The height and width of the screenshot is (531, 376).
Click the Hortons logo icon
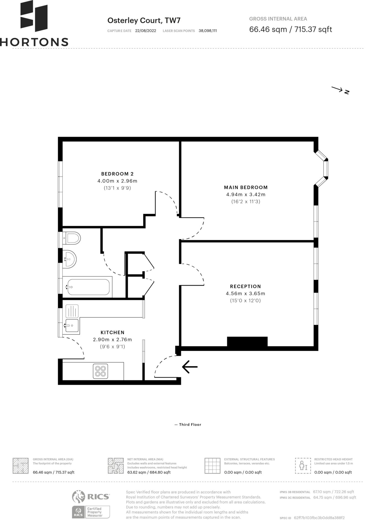pos(34,16)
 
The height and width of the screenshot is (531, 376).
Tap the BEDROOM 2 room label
pos(117,174)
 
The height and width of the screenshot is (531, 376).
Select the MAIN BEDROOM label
pos(246,188)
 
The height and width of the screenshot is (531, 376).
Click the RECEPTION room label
pos(246,287)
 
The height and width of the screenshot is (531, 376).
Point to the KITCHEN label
pos(112,332)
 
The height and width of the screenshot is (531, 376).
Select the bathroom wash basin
pos(69,259)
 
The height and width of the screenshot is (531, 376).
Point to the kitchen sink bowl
pos(72,325)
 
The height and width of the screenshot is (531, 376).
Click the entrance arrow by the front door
pos(190,367)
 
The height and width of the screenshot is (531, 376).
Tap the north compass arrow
pos(337,89)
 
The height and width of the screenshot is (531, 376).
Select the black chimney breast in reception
pos(247,342)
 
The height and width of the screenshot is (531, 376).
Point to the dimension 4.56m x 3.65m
pos(246,293)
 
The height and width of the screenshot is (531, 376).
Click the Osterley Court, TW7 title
pos(144,20)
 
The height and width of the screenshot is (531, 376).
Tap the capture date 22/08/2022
pos(146,31)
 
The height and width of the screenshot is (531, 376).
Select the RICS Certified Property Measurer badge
pos(91,512)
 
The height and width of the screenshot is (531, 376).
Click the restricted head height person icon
pos(303,466)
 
